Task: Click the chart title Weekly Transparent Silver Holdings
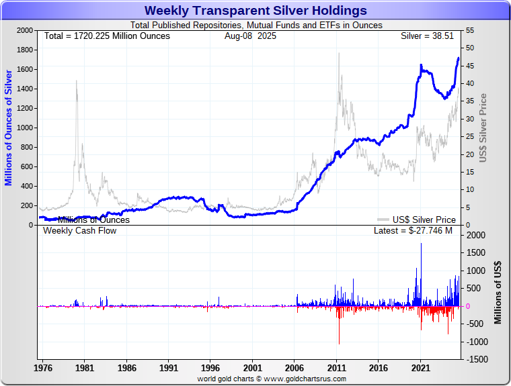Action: (x=255, y=11)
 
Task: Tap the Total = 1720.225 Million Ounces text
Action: (x=107, y=36)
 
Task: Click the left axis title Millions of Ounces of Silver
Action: (x=9, y=127)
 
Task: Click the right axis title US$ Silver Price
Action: (x=483, y=128)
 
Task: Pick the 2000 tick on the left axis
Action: (x=25, y=31)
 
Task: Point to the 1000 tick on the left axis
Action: (x=25, y=128)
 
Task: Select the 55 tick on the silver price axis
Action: (x=469, y=31)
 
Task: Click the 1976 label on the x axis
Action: (x=43, y=368)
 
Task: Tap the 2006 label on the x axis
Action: (x=294, y=368)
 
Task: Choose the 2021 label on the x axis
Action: (x=420, y=368)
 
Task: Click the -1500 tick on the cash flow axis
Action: (x=475, y=360)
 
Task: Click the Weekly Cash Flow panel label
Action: (x=80, y=231)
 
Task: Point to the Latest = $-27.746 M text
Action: (x=413, y=231)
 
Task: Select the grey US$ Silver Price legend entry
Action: (x=416, y=220)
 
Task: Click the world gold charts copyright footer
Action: (x=272, y=379)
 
